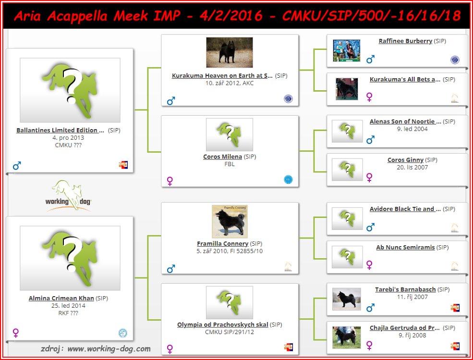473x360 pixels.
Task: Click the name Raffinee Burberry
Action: [x=405, y=41]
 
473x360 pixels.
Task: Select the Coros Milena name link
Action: [x=222, y=157]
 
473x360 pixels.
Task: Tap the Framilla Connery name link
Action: [x=223, y=244]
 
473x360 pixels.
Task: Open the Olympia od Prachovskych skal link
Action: [x=223, y=325]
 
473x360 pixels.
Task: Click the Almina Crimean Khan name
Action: [x=61, y=298]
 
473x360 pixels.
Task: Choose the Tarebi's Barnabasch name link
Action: [x=405, y=289]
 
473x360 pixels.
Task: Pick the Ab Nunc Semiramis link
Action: [x=405, y=248]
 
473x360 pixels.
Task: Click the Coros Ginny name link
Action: [x=405, y=160]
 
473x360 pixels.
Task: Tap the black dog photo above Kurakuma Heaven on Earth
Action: [x=229, y=52]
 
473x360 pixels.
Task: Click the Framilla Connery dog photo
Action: [x=230, y=222]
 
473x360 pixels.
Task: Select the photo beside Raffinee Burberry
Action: [x=346, y=51]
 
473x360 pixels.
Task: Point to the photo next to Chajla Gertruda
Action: [x=346, y=337]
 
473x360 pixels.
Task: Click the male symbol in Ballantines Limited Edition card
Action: [x=17, y=166]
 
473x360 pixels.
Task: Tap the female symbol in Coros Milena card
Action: [x=170, y=181]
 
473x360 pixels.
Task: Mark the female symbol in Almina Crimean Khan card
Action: [x=16, y=333]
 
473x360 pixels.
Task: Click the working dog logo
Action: [x=68, y=196]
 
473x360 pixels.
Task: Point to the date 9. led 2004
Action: [x=412, y=129]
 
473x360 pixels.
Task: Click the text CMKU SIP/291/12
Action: [x=229, y=332]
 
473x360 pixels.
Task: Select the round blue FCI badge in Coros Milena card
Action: [x=288, y=180]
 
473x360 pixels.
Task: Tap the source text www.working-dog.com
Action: [x=109, y=349]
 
